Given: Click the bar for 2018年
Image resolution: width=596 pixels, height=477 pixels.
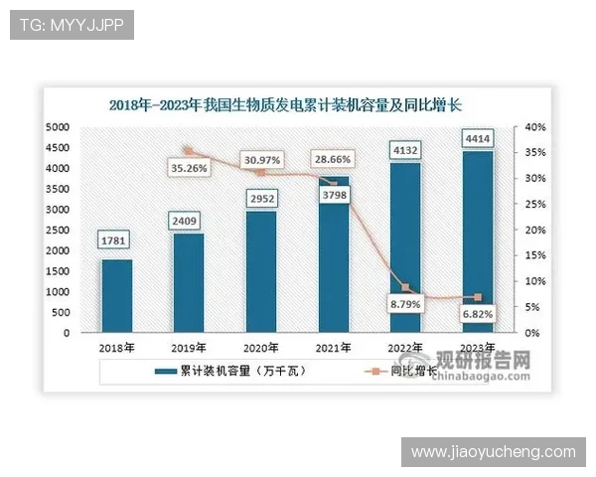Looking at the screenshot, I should (116, 295).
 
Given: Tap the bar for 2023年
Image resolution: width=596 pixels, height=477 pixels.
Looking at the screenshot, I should (478, 241).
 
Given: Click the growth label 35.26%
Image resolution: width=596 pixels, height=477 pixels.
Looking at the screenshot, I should (190, 169).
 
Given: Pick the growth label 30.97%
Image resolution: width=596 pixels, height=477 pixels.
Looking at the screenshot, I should (262, 159).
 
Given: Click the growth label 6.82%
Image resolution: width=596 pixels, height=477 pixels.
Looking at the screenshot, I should (478, 313).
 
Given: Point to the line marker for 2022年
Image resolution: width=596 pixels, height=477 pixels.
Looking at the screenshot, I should (405, 287).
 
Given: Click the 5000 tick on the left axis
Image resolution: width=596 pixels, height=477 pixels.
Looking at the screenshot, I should (57, 127).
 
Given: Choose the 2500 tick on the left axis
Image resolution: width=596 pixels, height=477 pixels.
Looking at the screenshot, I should (57, 230).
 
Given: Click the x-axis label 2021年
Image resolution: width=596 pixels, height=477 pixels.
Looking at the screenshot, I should (334, 348).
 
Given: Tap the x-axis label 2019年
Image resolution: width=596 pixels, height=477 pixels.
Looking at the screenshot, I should (189, 348).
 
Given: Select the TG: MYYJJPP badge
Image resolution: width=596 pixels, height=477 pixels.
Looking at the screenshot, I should (72, 25).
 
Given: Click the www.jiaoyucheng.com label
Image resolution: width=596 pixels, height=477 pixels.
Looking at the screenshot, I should (494, 452).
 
